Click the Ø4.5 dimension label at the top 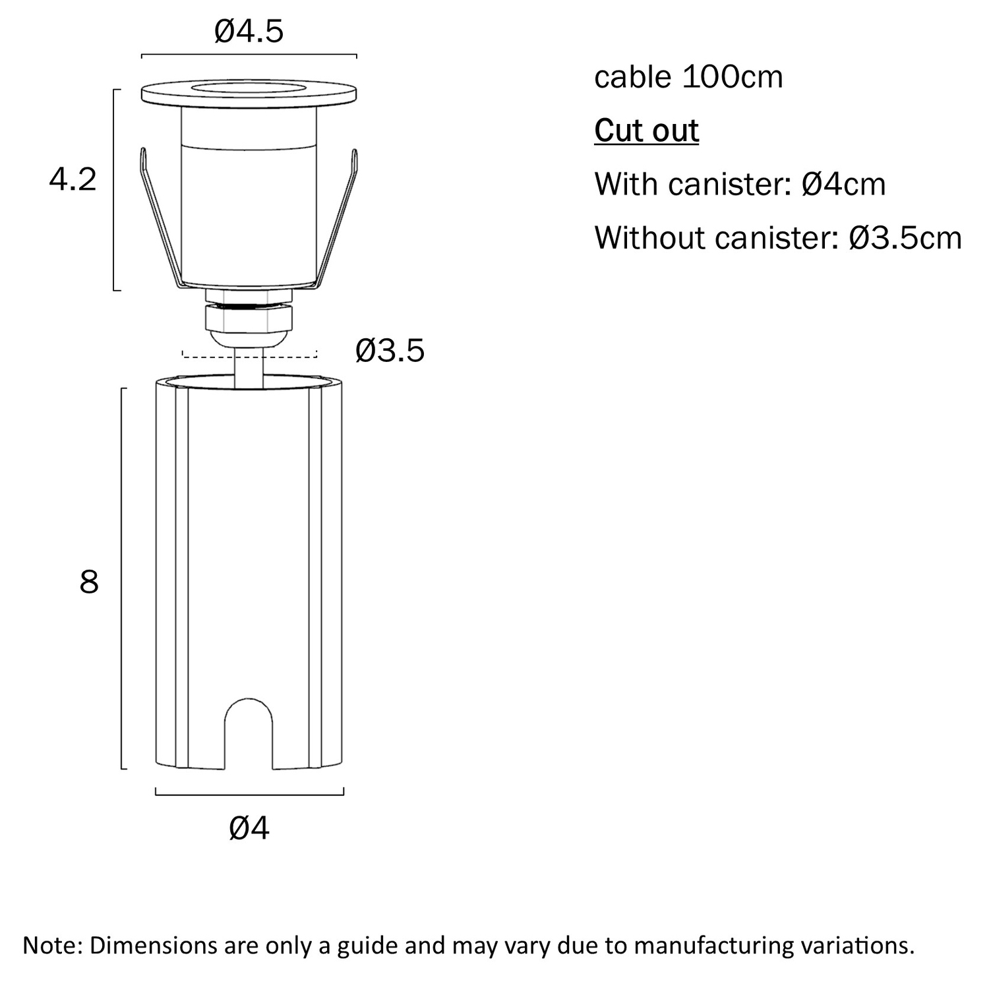coord(249,31)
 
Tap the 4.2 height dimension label coord(73,179)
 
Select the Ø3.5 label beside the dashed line coord(390,351)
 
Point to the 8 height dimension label coord(89,582)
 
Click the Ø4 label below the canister coord(249,828)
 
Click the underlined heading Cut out coord(646,131)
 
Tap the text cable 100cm coord(688,77)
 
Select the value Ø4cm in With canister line coord(844,184)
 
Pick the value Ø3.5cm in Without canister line coord(906,237)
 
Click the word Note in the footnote coord(51,945)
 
